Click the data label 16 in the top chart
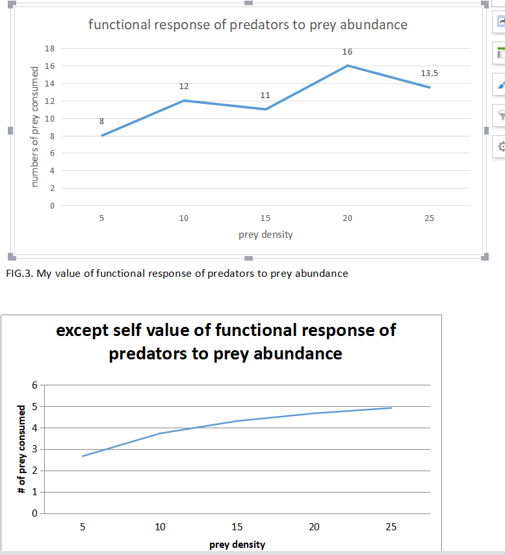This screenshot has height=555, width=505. pyautogui.click(x=347, y=51)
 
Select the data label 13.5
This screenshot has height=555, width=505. pyautogui.click(x=429, y=73)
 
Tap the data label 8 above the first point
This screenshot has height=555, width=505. pyautogui.click(x=101, y=121)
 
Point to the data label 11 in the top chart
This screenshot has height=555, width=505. pyautogui.click(x=265, y=96)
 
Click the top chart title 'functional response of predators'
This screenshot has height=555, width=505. pyautogui.click(x=248, y=25)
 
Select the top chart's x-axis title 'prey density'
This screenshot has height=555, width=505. pyautogui.click(x=265, y=235)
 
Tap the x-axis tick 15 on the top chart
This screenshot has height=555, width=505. pyautogui.click(x=265, y=218)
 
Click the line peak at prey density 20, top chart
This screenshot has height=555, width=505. pyautogui.click(x=347, y=66)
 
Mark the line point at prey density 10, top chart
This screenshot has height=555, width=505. pyautogui.click(x=184, y=101)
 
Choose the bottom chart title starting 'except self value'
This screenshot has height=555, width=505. pyautogui.click(x=226, y=342)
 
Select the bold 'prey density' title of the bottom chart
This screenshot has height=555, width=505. pyautogui.click(x=237, y=545)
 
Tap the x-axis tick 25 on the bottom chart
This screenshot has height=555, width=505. pyautogui.click(x=391, y=527)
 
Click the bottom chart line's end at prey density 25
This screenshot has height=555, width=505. pyautogui.click(x=391, y=408)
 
